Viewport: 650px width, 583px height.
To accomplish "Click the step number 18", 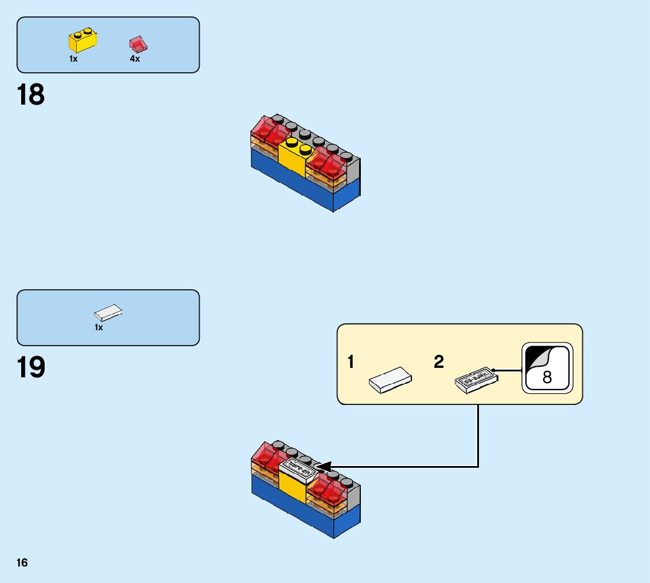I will (x=31, y=95).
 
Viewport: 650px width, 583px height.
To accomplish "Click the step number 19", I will (x=31, y=368).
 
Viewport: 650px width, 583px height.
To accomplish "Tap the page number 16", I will (x=22, y=563).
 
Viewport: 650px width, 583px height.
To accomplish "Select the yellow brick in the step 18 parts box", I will (x=83, y=41).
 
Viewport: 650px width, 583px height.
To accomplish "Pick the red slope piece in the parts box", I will (x=138, y=43).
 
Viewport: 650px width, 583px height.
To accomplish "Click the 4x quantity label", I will (x=135, y=59).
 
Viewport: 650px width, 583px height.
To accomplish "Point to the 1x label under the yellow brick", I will (x=73, y=59).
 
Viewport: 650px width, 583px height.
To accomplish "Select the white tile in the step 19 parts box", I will (x=109, y=312).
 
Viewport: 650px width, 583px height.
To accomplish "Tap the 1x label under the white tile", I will (x=99, y=327).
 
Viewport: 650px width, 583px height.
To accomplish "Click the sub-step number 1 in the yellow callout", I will (x=351, y=363).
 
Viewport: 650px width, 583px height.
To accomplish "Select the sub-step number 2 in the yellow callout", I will (x=439, y=363).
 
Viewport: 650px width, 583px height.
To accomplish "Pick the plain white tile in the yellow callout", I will (x=390, y=380).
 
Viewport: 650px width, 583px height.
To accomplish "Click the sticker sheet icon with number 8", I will (x=547, y=368).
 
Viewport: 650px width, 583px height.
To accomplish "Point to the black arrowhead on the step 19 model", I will (x=323, y=466).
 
